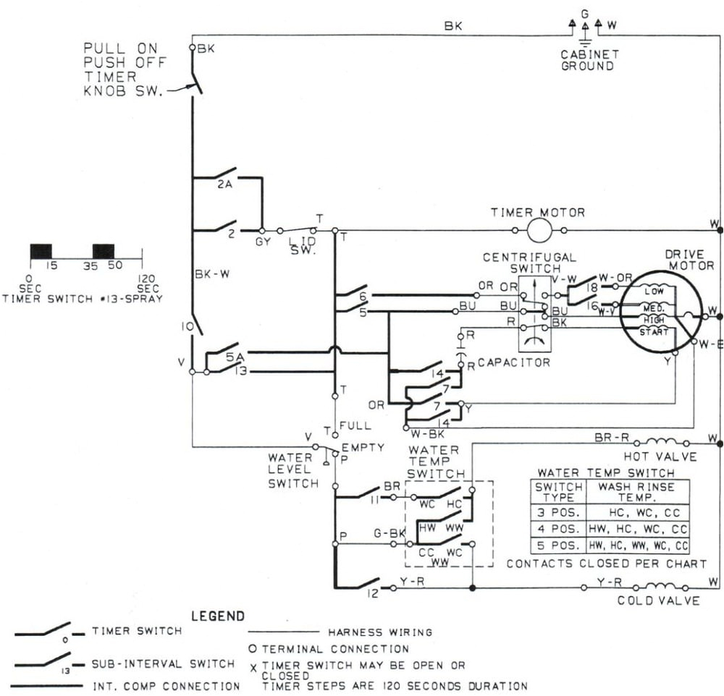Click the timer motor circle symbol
coord(539,231)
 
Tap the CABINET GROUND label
coord(590,60)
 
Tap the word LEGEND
coord(218,616)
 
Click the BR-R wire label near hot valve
coord(610,438)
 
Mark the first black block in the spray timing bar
coord(41,251)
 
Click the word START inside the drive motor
coord(653,331)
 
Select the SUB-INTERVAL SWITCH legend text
coord(163,663)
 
